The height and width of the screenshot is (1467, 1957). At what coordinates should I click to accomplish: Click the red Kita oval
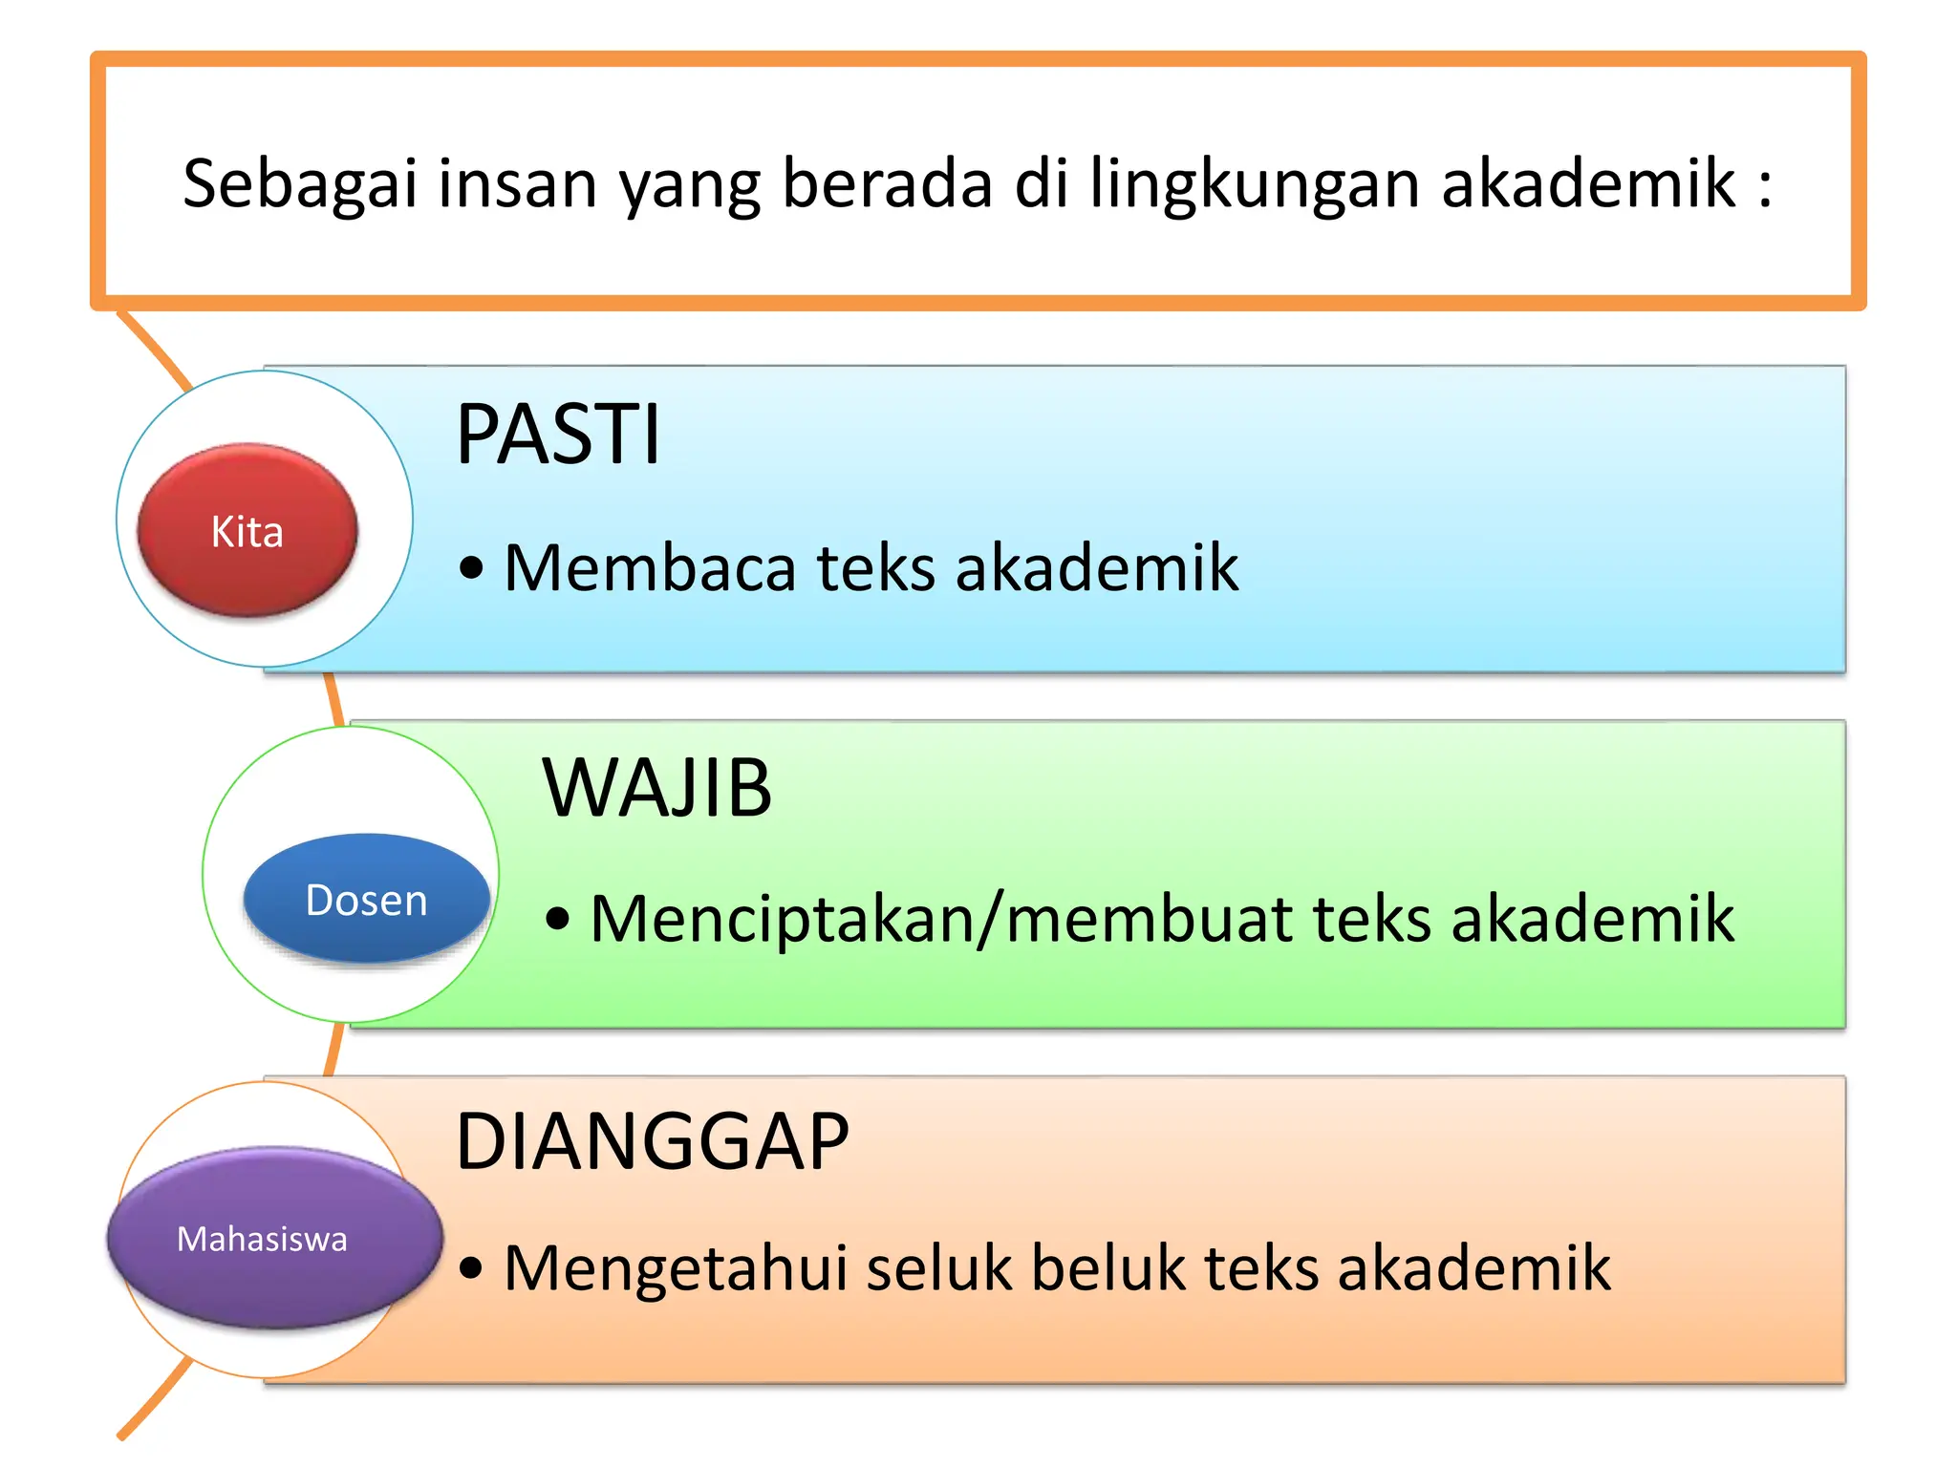point(247,530)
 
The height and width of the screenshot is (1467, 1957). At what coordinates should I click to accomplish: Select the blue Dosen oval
point(366,899)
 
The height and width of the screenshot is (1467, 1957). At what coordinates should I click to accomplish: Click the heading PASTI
point(558,436)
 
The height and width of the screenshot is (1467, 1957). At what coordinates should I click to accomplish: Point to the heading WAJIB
point(656,789)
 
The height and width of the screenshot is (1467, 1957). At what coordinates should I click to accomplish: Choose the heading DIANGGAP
point(652,1142)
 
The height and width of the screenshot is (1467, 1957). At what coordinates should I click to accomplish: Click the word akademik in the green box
point(1592,919)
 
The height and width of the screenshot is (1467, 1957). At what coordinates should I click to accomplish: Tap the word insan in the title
point(517,184)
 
